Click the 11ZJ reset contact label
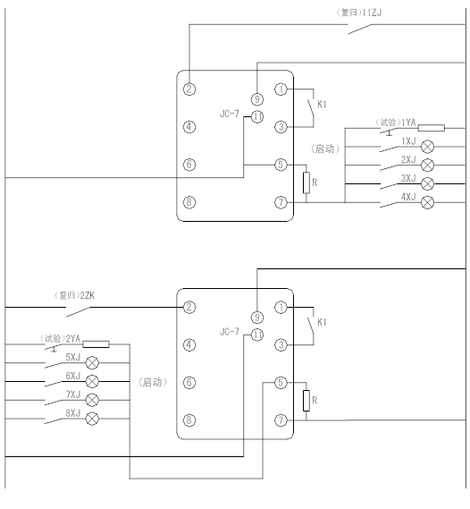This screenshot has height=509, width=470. pos(358,13)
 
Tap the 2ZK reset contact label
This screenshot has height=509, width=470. pos(74,296)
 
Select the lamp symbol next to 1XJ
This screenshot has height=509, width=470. pos(427,147)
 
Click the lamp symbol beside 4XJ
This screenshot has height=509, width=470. pos(427,202)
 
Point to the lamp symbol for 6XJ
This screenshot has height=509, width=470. pos(92,381)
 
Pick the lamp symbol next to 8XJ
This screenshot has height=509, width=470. pos(92,419)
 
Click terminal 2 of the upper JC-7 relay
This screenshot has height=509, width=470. pos(189,89)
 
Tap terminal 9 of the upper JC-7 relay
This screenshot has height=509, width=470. pos(257,99)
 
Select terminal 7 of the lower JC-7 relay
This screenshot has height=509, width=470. pos(281,420)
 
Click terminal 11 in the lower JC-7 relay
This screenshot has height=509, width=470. pos(257,335)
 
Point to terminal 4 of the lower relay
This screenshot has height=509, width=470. pos(189,344)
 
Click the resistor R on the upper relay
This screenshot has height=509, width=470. pos(306,182)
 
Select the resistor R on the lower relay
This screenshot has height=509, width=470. pos(306,401)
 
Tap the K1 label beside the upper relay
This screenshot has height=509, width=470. pos(322,105)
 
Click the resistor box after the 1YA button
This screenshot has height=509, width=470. pos(431,128)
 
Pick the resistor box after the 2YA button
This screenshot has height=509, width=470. pos(96,344)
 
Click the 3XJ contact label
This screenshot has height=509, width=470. pos(408,178)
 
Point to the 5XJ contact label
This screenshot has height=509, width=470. pos(73,358)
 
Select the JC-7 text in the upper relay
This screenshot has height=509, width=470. pos(230,114)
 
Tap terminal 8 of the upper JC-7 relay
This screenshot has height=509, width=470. pos(189,202)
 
